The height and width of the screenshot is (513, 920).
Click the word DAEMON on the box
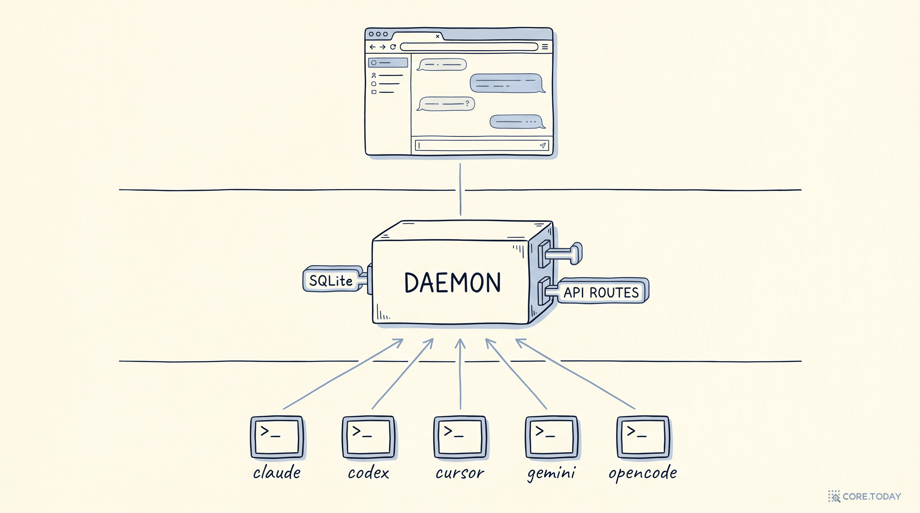coord(453,283)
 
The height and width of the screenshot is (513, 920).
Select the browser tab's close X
coord(438,36)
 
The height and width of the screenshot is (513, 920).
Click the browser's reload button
coord(393,47)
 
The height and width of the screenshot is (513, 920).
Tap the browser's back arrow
coord(372,47)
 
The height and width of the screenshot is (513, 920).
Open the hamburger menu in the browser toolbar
coord(545,47)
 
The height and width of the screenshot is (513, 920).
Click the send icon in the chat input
coord(543,145)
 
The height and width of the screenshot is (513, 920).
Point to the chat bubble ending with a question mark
coord(446,104)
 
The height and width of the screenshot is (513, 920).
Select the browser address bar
coord(469,47)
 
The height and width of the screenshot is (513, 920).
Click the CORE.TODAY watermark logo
coord(865,496)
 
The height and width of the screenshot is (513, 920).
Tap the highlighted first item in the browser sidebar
coord(388,62)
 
